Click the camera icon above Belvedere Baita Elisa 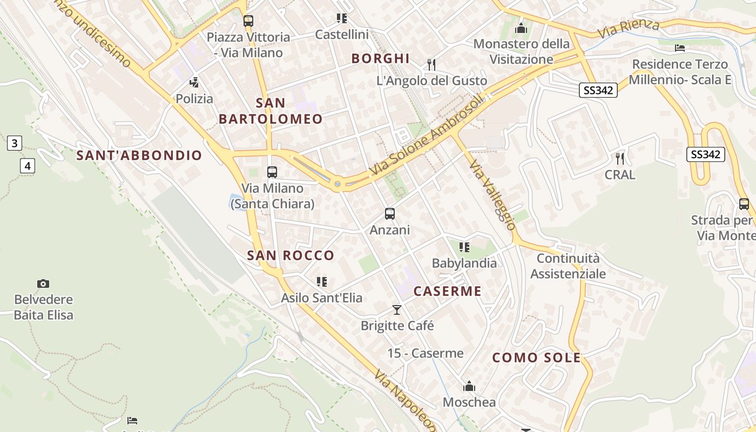43,283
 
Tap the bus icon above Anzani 390,214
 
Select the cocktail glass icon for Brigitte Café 397,309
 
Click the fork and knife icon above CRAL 620,159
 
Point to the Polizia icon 194,83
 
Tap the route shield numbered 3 15,143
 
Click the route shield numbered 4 28,165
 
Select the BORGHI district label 381,58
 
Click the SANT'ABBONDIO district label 139,156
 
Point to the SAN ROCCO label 291,255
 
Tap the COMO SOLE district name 537,357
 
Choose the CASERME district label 447,292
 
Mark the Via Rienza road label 629,29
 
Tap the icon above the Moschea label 469,387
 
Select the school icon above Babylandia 464,247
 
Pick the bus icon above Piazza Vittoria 248,21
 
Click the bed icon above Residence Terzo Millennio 680,48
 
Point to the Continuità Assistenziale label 568,266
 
